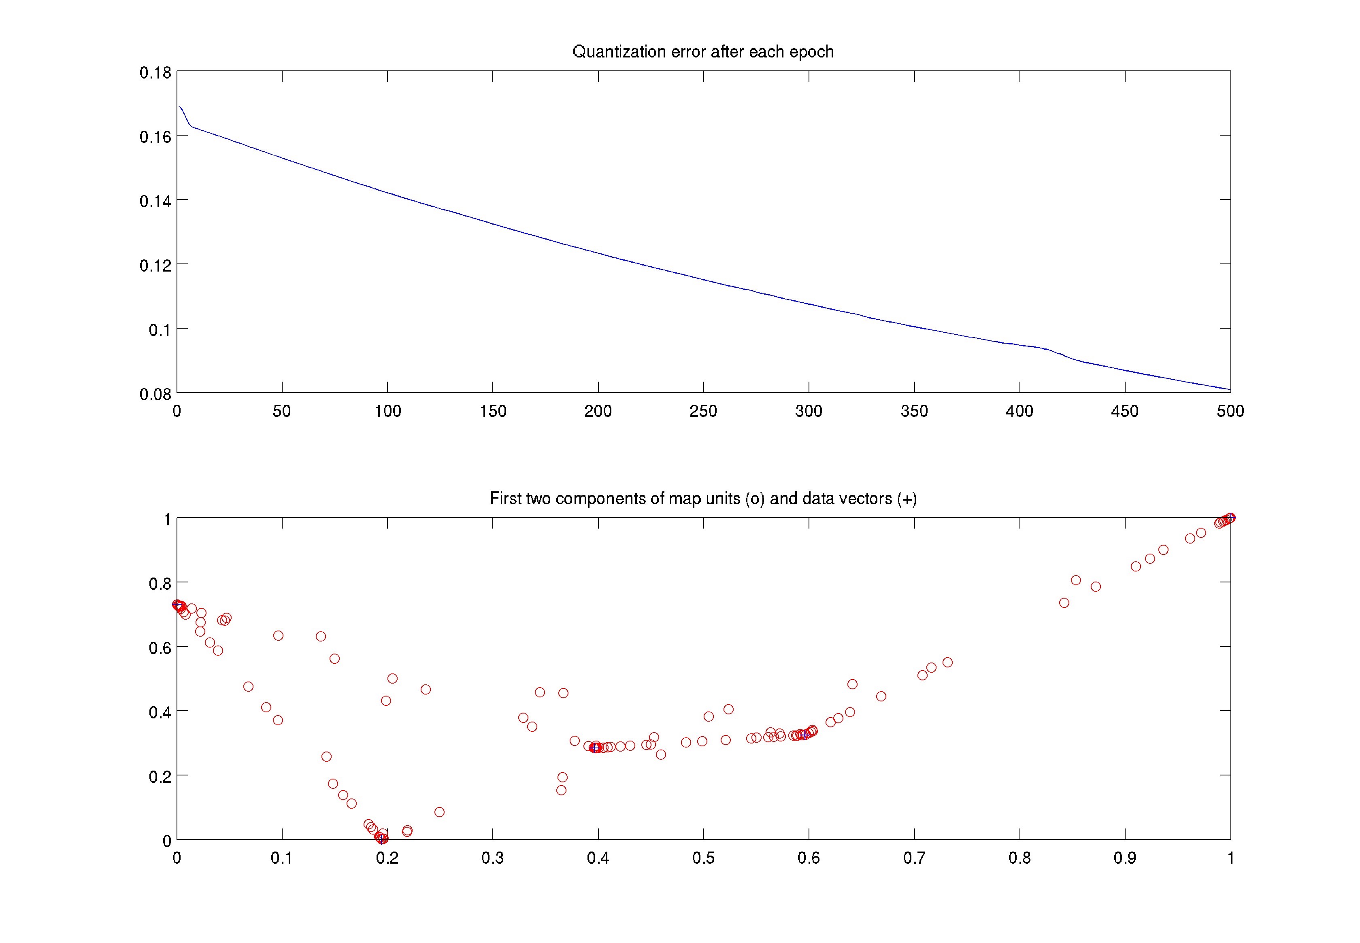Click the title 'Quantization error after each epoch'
click(703, 52)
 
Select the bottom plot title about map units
click(703, 499)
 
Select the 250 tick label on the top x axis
click(703, 411)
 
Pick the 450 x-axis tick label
click(1125, 411)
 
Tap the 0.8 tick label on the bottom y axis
click(160, 584)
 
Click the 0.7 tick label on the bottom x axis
click(914, 858)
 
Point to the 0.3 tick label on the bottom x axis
click(492, 858)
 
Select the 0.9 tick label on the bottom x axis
click(1125, 858)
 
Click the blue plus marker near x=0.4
click(595, 748)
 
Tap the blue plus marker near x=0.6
click(805, 735)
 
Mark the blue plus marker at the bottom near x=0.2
click(382, 839)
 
